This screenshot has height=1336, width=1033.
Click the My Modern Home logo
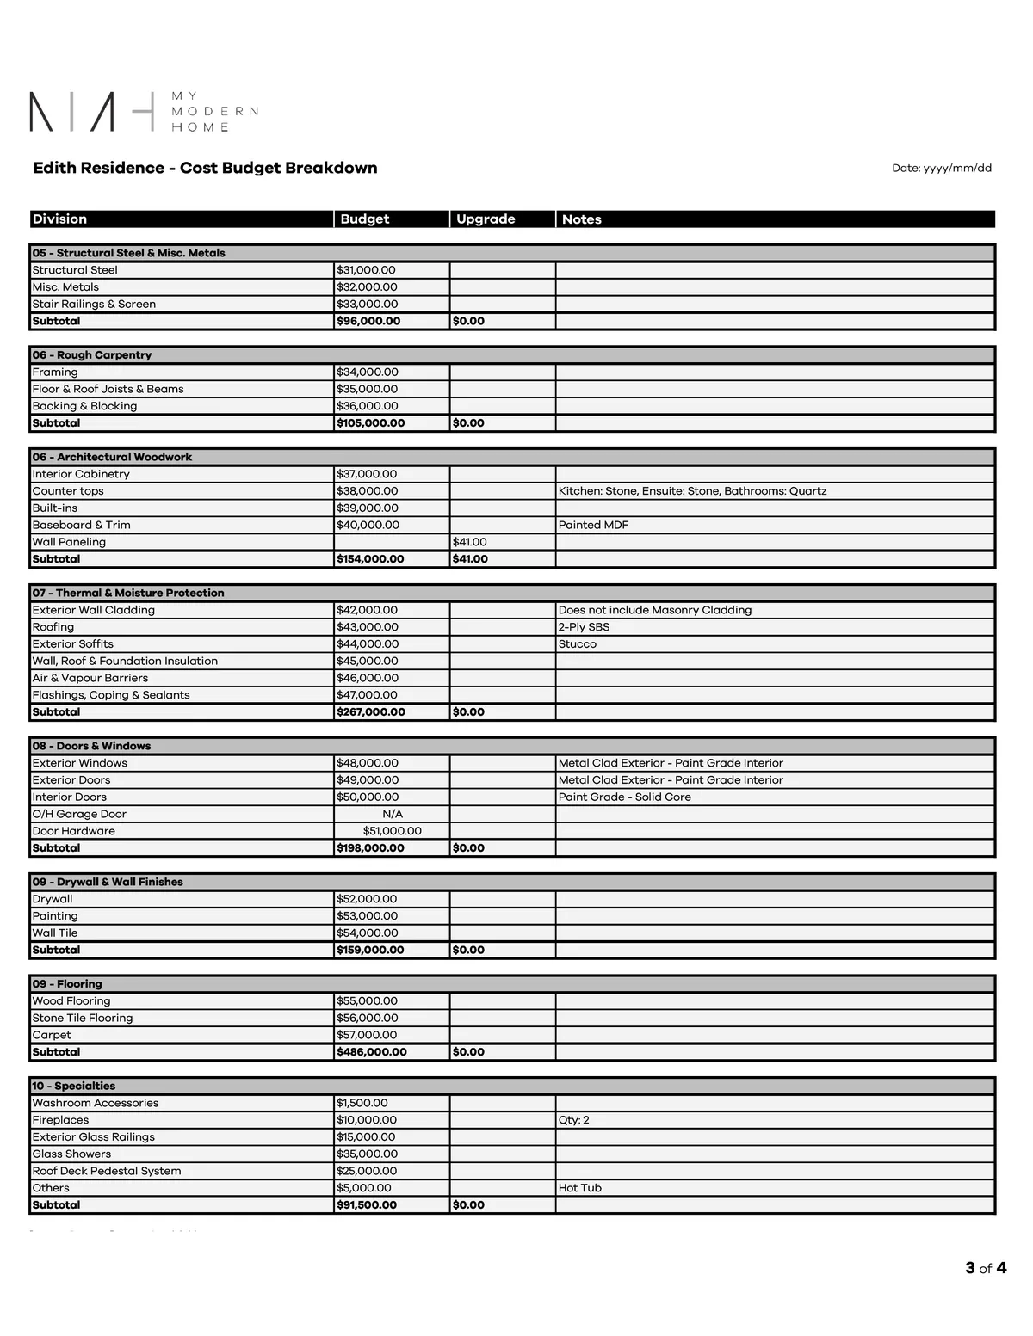144,112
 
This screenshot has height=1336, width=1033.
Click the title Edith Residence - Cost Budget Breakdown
205,168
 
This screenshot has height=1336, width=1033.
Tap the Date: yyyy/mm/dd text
941,169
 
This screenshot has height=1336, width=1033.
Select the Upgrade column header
486,219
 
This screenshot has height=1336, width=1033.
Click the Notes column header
582,219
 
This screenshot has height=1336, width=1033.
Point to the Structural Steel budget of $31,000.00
367,270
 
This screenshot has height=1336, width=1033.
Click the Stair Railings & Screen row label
94,304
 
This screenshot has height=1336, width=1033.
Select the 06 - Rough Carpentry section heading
92,355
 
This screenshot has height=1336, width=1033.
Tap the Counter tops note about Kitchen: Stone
692,491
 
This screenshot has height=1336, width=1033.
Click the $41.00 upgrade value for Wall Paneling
470,542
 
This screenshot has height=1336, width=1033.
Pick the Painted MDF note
593,525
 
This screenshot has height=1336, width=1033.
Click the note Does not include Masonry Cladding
654,610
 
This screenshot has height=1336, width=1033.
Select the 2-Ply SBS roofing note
584,627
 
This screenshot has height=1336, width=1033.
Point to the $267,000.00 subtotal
371,712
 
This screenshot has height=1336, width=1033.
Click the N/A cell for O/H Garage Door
393,814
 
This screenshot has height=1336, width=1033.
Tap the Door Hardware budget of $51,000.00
393,831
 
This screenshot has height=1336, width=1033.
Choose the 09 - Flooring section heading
67,984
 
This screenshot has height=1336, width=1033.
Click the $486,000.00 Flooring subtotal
372,1052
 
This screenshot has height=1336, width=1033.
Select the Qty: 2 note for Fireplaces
574,1120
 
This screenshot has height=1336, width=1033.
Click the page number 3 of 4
986,1268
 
